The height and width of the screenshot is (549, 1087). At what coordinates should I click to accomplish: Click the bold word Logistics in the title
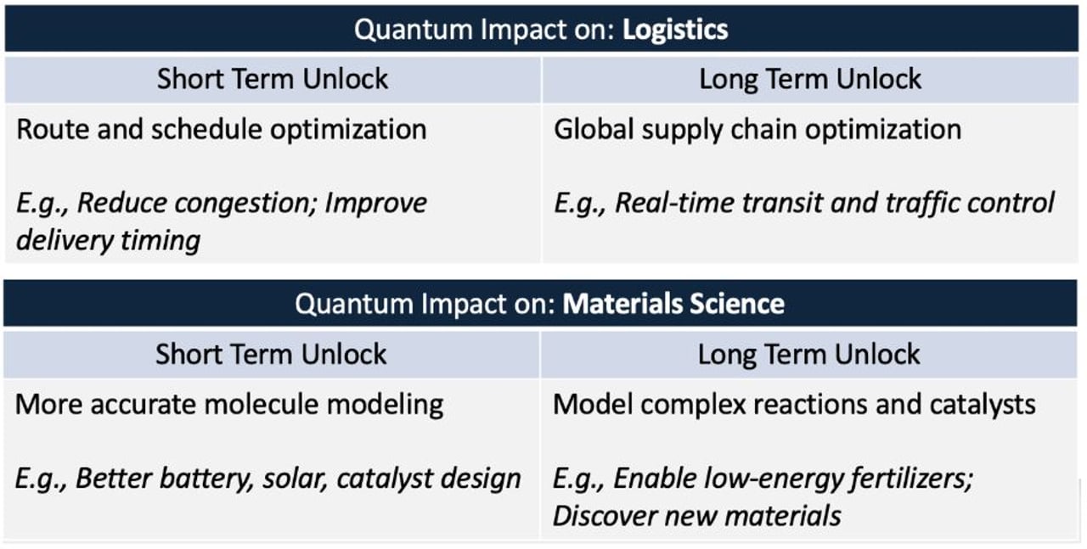675,30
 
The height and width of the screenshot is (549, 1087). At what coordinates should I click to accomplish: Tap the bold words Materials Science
673,304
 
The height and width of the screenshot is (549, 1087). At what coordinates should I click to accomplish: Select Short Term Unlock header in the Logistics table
273,80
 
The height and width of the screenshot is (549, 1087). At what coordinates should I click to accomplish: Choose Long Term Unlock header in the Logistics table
810,80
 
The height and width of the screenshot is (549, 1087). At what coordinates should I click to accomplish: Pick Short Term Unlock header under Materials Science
271,354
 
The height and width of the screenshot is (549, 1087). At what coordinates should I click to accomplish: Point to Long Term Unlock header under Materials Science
808,354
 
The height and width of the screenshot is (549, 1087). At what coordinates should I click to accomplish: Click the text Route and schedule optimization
221,130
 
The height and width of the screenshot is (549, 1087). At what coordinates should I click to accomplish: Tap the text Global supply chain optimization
758,130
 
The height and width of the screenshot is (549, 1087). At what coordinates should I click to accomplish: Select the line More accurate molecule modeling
229,404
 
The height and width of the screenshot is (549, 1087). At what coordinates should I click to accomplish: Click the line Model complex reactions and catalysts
794,404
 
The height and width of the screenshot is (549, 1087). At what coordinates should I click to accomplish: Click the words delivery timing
108,240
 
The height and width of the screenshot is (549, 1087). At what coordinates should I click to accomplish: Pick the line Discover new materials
696,515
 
